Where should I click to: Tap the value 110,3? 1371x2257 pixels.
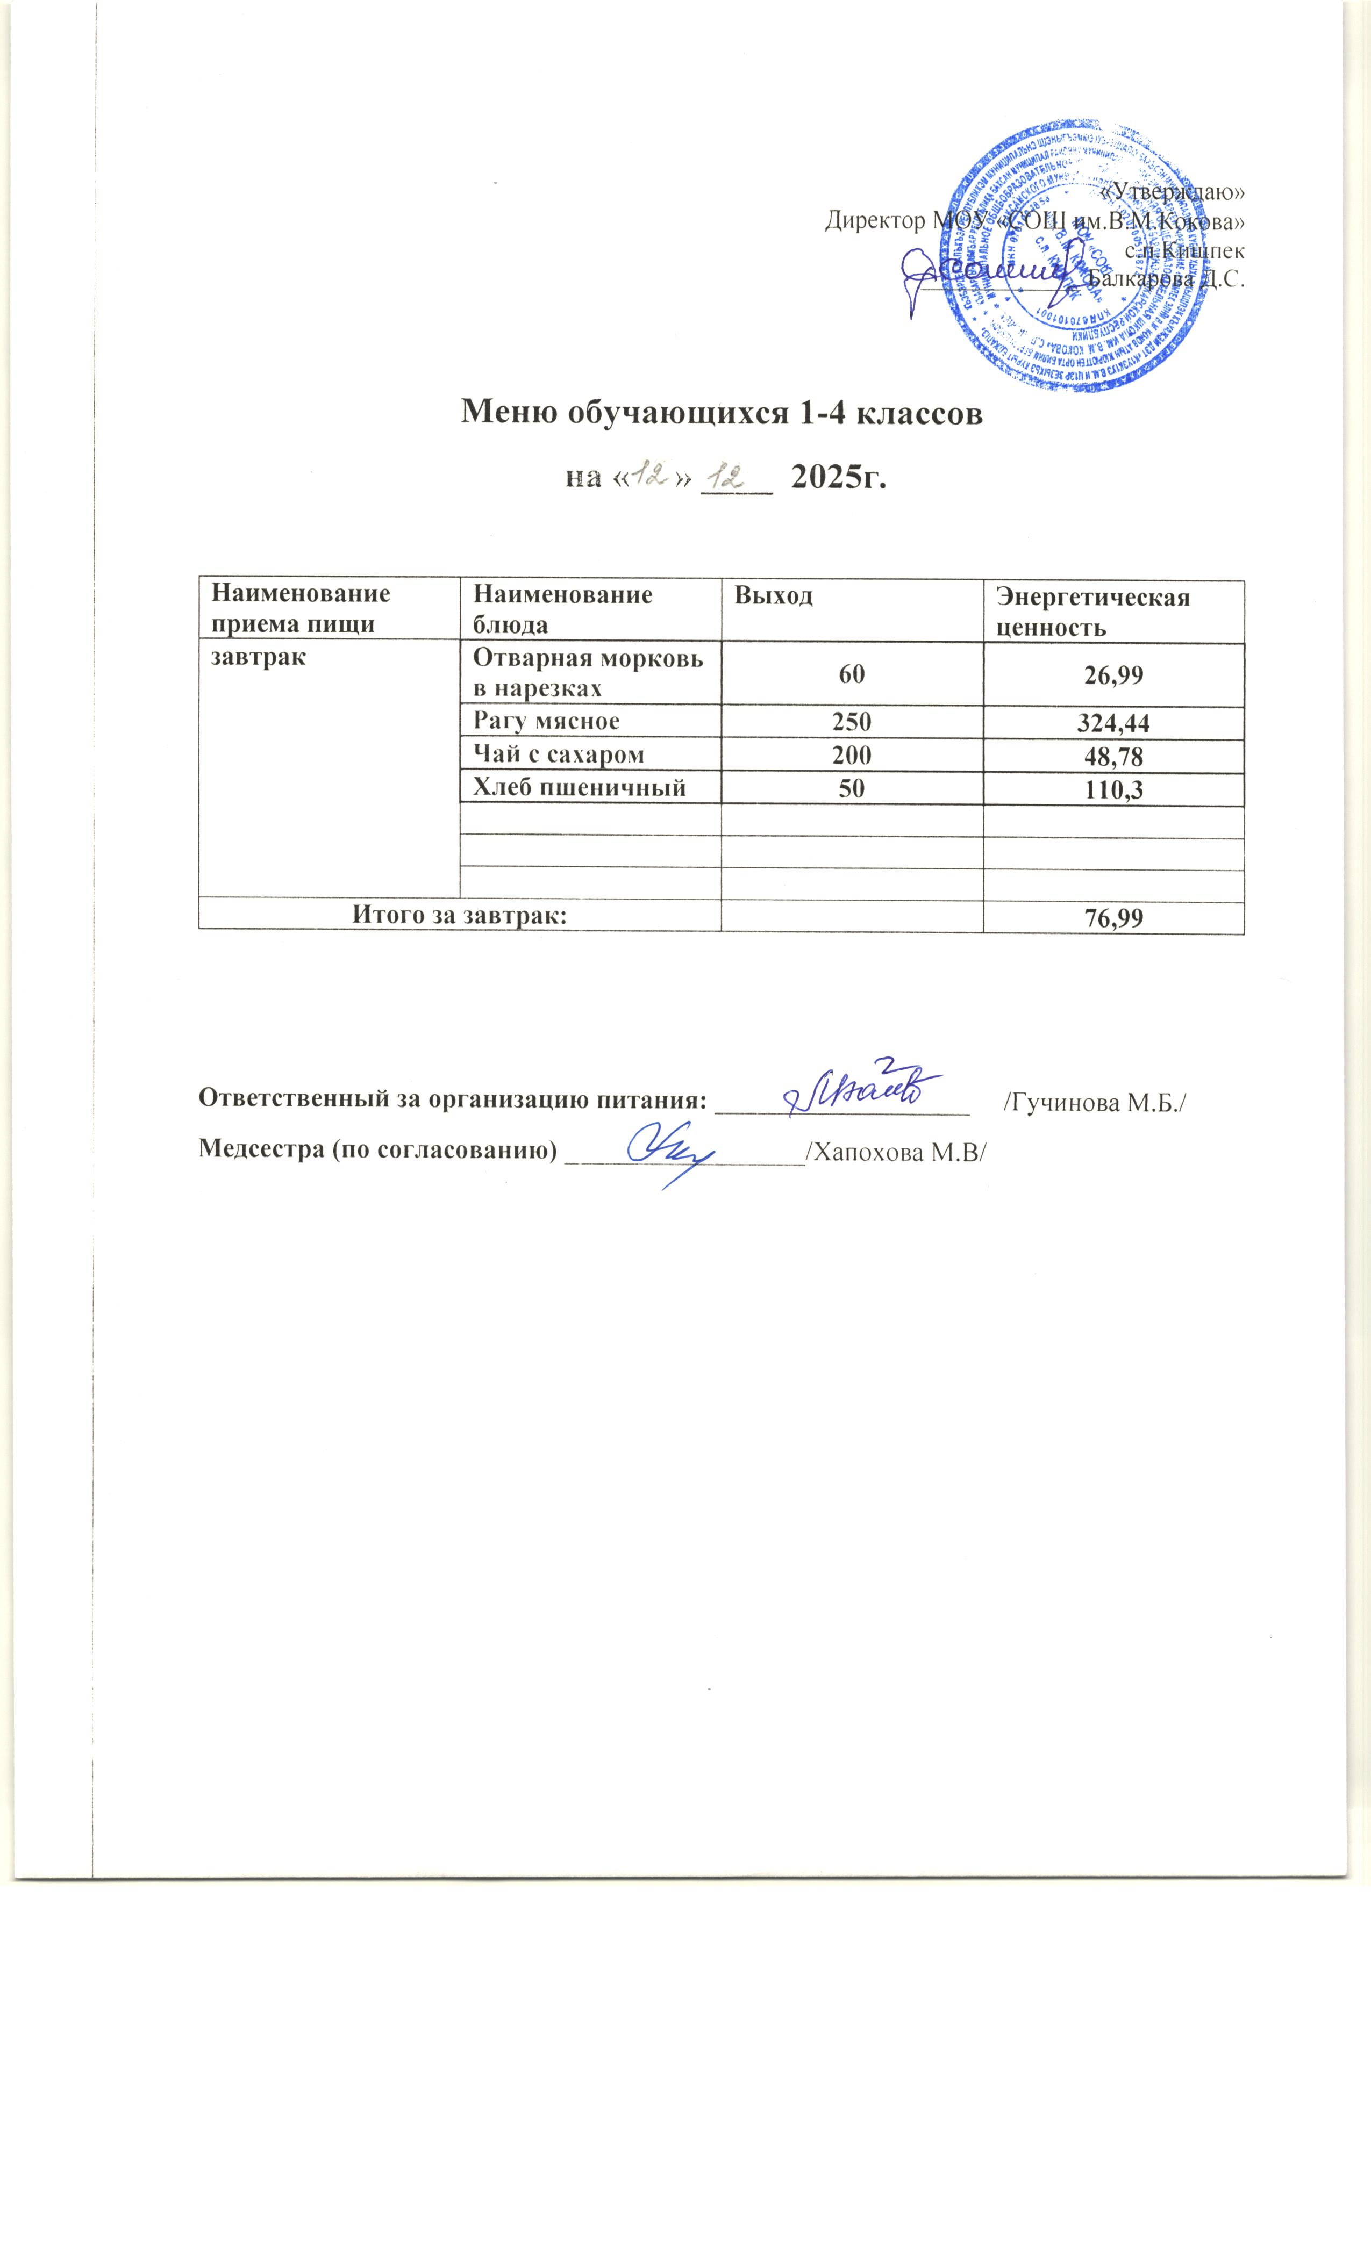point(1113,789)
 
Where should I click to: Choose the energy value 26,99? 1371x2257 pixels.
point(1113,676)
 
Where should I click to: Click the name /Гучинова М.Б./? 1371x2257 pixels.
point(1095,1103)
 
